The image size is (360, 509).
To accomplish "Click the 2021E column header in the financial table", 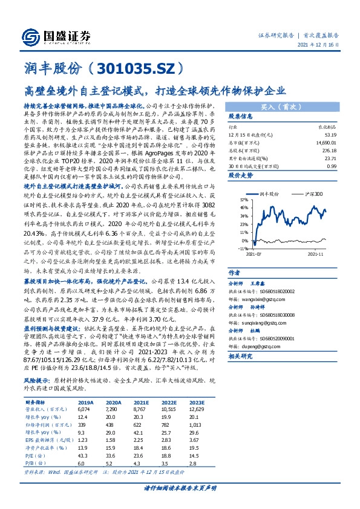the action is point(142,401).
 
